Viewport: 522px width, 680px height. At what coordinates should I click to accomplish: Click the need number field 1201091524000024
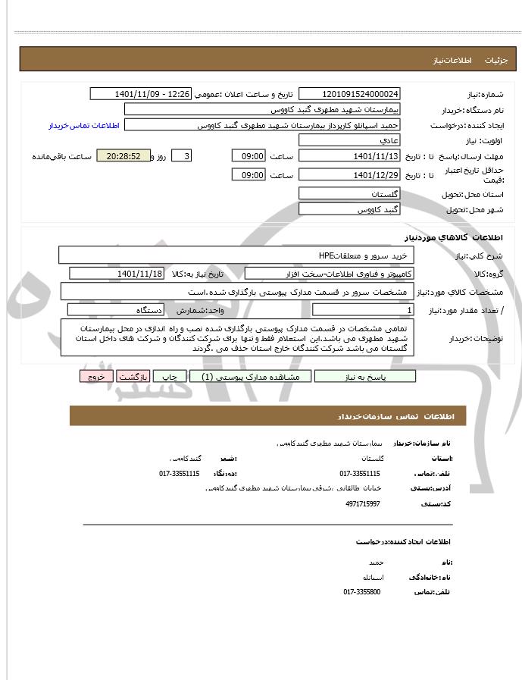point(349,94)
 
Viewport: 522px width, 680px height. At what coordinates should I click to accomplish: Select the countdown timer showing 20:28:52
point(124,156)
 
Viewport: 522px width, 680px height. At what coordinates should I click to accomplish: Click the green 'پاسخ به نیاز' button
point(365,377)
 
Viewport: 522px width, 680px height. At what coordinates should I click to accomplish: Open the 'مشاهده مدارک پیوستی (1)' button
point(246,377)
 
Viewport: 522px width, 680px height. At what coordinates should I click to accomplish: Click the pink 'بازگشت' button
point(133,377)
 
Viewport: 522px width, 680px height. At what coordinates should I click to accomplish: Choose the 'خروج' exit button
point(96,377)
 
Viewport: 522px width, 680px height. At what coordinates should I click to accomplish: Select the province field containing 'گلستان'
point(349,194)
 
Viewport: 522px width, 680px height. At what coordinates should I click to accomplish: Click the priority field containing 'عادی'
point(349,140)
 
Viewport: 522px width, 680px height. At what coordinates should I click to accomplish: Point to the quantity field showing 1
point(364,310)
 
